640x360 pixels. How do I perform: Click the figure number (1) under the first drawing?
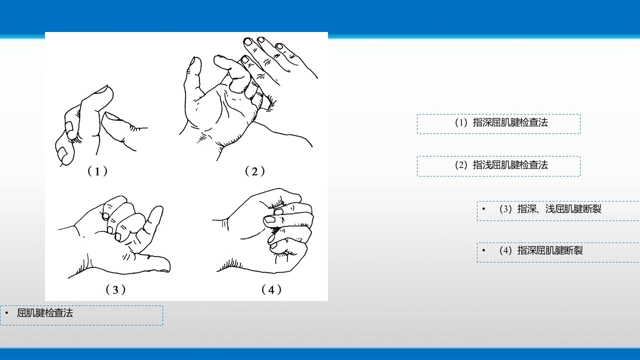tap(97, 171)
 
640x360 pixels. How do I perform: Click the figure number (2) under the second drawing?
tap(255, 171)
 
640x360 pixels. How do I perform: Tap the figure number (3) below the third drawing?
tap(115, 289)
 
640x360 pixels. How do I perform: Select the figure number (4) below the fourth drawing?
tap(271, 289)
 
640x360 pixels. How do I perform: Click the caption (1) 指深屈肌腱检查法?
tap(501, 122)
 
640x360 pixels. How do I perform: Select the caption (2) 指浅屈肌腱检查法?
tap(501, 165)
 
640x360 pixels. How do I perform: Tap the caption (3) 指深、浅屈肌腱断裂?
tap(550, 209)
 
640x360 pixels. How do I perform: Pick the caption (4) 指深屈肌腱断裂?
tap(541, 250)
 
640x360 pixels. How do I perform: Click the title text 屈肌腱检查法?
tap(45, 313)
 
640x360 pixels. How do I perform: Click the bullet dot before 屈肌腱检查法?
tap(6, 313)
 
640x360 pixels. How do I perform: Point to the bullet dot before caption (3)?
tap(483, 209)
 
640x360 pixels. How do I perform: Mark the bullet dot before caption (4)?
tap(483, 250)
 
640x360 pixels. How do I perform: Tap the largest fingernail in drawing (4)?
tap(269, 219)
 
